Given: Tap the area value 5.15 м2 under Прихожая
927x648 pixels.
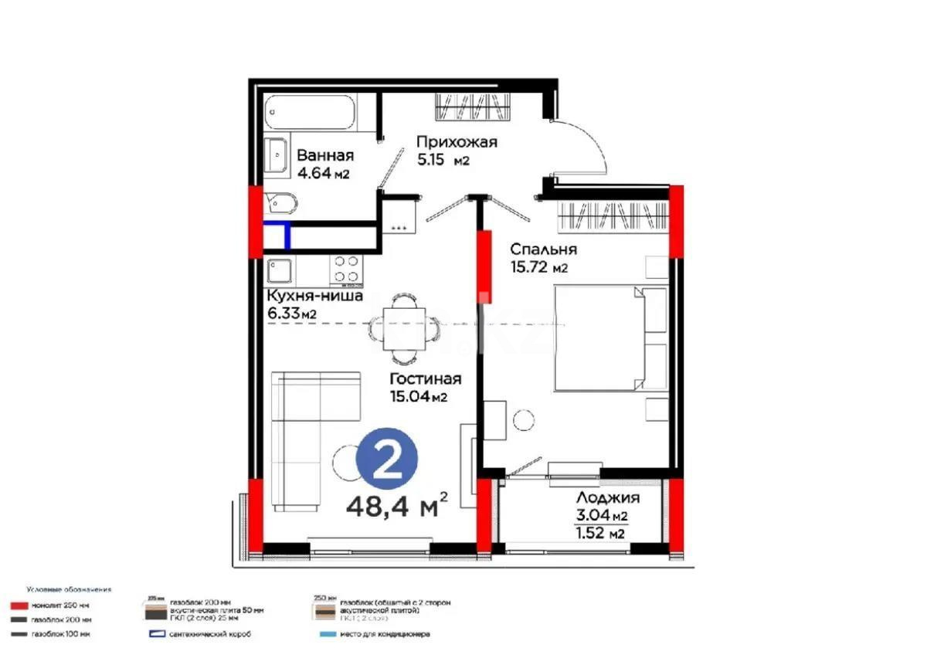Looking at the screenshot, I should tap(443, 160).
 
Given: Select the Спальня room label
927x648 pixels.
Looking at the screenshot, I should tap(543, 249).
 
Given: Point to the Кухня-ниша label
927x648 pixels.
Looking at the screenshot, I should tap(314, 296).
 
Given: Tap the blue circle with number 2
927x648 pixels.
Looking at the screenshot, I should tap(386, 462).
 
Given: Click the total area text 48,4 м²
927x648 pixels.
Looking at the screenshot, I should tap(398, 507).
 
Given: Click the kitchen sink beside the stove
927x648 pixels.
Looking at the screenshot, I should tap(279, 271).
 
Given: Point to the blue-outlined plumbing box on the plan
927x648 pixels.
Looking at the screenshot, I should tap(277, 235).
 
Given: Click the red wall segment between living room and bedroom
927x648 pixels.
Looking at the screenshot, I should tap(485, 266).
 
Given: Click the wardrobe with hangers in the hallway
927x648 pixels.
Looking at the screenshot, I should tap(474, 106).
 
